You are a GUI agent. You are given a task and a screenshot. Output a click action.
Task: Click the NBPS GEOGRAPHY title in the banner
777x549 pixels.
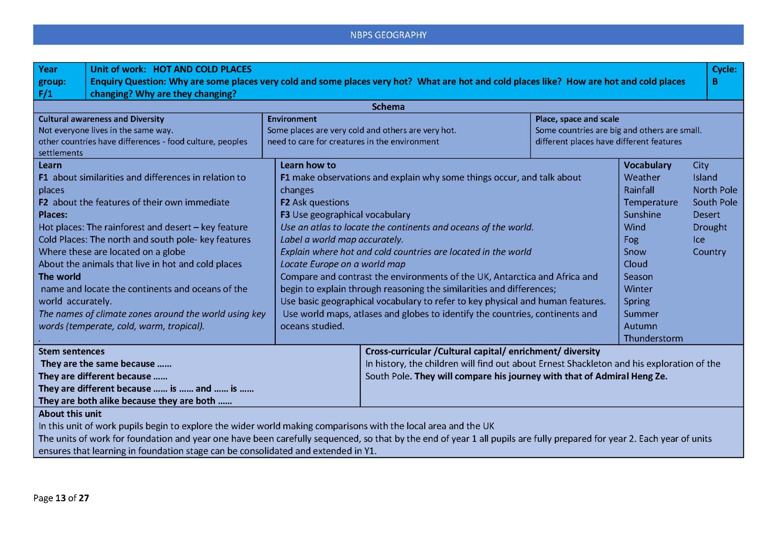coord(388,35)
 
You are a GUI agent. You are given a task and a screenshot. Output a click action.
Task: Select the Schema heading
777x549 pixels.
coord(388,107)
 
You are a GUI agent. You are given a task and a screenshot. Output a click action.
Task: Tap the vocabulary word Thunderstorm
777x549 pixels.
coord(653,339)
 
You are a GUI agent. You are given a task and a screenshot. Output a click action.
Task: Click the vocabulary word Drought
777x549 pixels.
coord(710,227)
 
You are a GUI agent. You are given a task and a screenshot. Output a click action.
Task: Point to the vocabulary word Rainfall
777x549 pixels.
coord(639,190)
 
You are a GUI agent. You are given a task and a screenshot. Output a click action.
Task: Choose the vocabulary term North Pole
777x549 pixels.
coord(715,190)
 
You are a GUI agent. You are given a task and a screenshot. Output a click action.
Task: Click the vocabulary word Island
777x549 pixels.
coord(705,177)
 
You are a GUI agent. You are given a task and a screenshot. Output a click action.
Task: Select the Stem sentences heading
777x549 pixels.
coord(71,351)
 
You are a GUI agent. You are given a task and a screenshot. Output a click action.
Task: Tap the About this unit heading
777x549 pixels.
coord(70,414)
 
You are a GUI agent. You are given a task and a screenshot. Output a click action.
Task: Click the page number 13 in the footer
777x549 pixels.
coord(61,498)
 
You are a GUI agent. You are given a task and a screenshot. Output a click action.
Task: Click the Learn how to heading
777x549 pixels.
coord(308,165)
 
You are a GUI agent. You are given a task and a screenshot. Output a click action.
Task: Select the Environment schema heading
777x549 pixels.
coord(292,119)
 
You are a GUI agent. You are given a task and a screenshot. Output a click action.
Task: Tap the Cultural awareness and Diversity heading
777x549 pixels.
coord(101,119)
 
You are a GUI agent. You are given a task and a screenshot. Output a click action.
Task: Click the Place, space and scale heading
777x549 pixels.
coord(577,119)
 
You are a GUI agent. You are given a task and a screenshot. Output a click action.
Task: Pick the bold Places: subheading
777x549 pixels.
coord(53,215)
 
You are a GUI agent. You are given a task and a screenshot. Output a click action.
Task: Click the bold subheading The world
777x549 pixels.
coord(59,277)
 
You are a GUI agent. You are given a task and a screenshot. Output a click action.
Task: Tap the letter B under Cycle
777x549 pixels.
coord(715,82)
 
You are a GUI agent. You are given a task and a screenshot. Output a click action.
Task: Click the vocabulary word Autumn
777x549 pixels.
coord(640,326)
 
